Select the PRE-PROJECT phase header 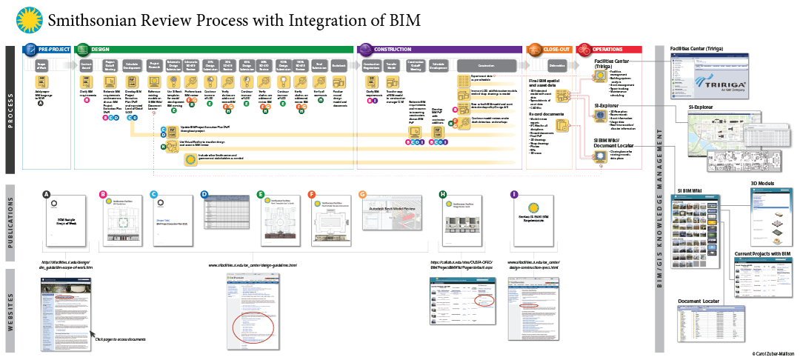(x=53, y=49)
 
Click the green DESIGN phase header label (x=99, y=49)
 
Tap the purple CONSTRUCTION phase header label (x=392, y=49)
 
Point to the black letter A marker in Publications (x=47, y=194)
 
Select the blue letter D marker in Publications (x=204, y=194)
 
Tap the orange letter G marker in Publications (x=362, y=194)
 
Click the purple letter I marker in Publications (x=514, y=194)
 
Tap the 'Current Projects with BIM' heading (x=763, y=254)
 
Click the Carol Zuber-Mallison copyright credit (x=771, y=355)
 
